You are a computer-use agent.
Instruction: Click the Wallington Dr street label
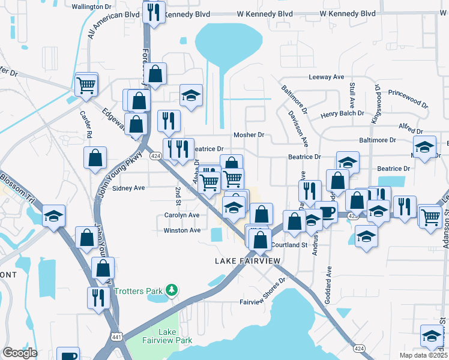click(x=92, y=7)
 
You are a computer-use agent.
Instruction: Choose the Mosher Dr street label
click(x=249, y=135)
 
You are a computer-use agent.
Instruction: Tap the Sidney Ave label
click(x=129, y=188)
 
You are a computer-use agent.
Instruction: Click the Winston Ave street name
click(x=182, y=230)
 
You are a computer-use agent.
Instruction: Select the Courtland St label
click(x=289, y=245)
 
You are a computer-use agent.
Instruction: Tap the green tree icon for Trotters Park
click(x=172, y=290)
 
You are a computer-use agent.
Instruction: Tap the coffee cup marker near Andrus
click(x=327, y=213)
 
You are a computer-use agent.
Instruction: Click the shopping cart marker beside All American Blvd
click(x=86, y=84)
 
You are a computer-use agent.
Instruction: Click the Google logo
click(x=20, y=353)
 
